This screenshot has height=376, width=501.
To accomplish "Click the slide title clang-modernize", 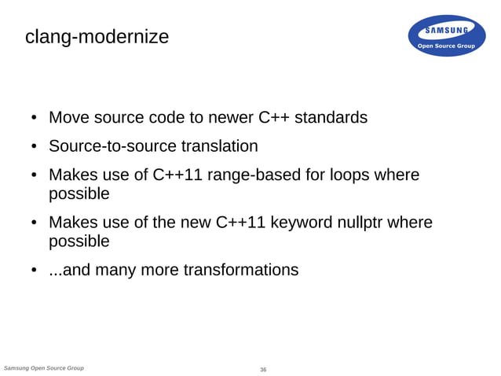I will point(97,36).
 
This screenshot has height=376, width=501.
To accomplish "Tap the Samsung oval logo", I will point(445,36).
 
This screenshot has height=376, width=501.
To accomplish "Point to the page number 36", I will point(263,369).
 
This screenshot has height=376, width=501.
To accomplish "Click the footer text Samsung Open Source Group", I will point(44,367).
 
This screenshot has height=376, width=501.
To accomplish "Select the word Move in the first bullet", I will point(68,118).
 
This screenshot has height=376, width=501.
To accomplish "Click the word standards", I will point(329,118).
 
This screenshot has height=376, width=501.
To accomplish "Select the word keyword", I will point(307,223).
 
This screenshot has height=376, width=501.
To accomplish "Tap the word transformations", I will point(240,271).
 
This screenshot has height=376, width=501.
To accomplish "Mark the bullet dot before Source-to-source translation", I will point(35,147).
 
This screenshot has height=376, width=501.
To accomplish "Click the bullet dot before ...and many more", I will point(35,271).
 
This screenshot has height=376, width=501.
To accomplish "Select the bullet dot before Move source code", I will point(35,119).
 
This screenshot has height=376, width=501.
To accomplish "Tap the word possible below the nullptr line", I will point(79,241).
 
